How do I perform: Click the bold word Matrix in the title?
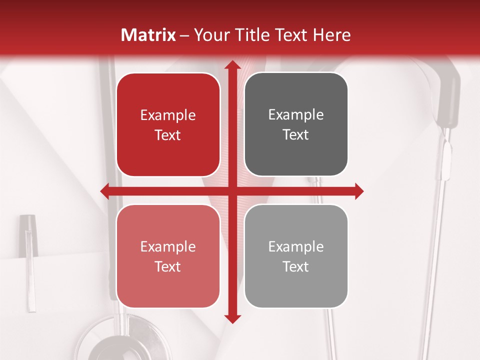click(x=148, y=35)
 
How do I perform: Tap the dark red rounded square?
click(x=168, y=125)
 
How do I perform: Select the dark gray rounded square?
click(x=296, y=125)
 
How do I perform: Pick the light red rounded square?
click(x=168, y=256)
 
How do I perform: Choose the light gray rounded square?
click(x=296, y=256)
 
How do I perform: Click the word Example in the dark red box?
click(x=168, y=115)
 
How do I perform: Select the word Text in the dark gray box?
click(x=296, y=135)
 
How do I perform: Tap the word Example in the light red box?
click(x=168, y=246)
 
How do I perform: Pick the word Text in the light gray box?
click(x=296, y=266)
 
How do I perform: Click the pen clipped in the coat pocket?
click(x=29, y=260)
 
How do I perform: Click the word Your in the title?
click(x=209, y=35)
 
